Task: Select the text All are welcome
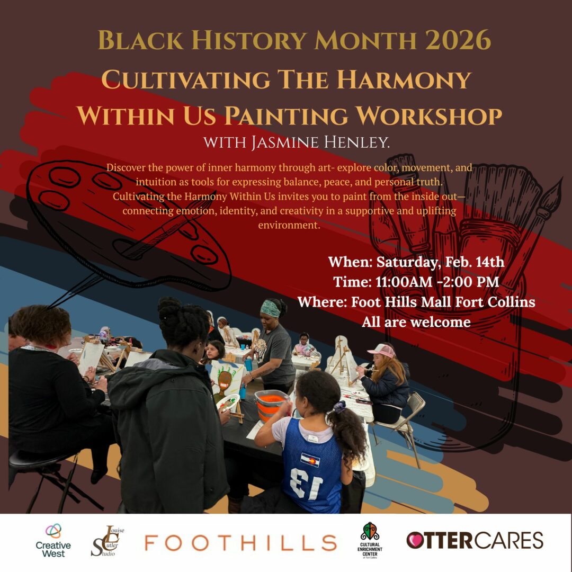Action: [416, 322]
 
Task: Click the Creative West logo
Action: [53, 541]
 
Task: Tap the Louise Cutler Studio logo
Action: [107, 541]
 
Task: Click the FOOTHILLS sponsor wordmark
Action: [240, 542]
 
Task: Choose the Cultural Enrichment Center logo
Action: [370, 540]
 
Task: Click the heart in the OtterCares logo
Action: [415, 540]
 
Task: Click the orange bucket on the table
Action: [271, 404]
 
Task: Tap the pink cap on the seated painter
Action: [381, 351]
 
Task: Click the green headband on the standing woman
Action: [270, 309]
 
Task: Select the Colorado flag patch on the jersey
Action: [310, 460]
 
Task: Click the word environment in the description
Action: [289, 225]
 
